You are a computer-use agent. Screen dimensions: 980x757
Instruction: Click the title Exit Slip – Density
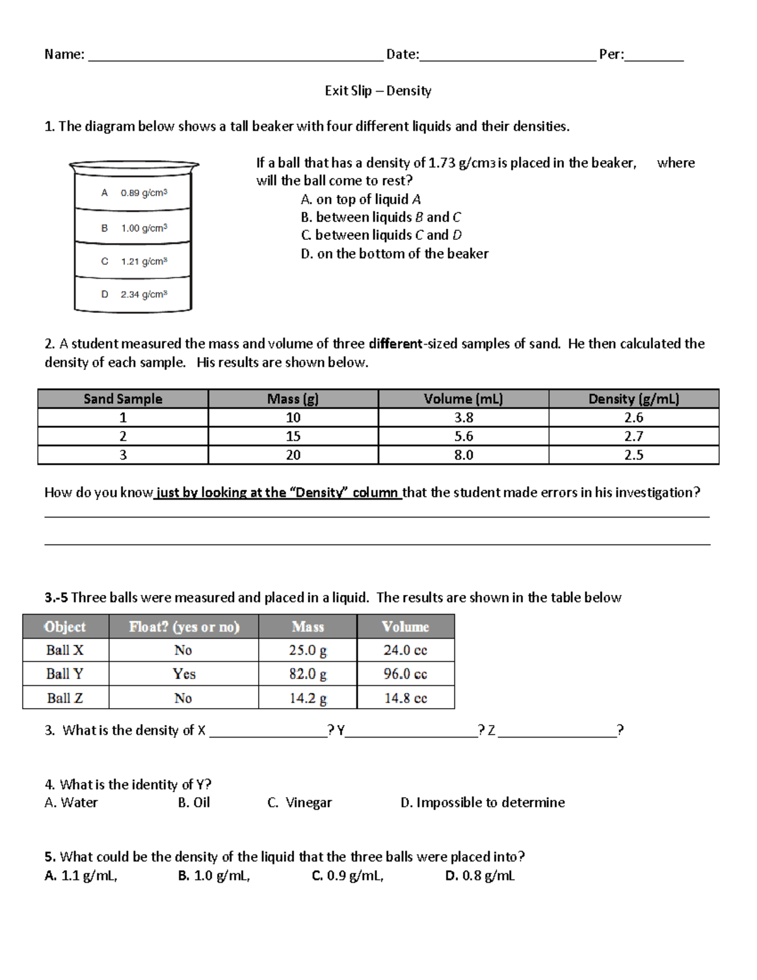pyautogui.click(x=378, y=91)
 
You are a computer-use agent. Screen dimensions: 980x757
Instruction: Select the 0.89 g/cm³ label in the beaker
pyautogui.click(x=144, y=193)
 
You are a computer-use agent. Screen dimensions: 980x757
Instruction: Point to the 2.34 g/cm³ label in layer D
pyautogui.click(x=144, y=294)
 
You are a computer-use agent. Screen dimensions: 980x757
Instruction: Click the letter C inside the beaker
pyautogui.click(x=105, y=261)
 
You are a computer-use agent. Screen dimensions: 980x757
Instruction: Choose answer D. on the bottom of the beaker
pyautogui.click(x=394, y=254)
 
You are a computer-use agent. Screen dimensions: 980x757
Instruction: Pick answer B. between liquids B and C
pyautogui.click(x=380, y=217)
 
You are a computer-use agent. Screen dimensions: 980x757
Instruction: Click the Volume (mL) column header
pyautogui.click(x=463, y=399)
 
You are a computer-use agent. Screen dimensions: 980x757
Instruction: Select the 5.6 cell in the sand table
pyautogui.click(x=463, y=436)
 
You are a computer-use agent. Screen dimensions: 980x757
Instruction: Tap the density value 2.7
pyautogui.click(x=633, y=436)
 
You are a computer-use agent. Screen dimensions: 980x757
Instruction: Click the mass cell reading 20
pyautogui.click(x=293, y=455)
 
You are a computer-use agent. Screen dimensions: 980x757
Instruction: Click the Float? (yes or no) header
pyautogui.click(x=184, y=627)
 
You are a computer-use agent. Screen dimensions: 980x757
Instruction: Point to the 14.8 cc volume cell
pyautogui.click(x=405, y=698)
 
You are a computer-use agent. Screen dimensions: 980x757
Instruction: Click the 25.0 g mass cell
pyautogui.click(x=308, y=650)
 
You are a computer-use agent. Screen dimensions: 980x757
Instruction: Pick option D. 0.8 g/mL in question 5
pyautogui.click(x=479, y=876)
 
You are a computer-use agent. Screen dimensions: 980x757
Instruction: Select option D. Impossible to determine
pyautogui.click(x=483, y=803)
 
